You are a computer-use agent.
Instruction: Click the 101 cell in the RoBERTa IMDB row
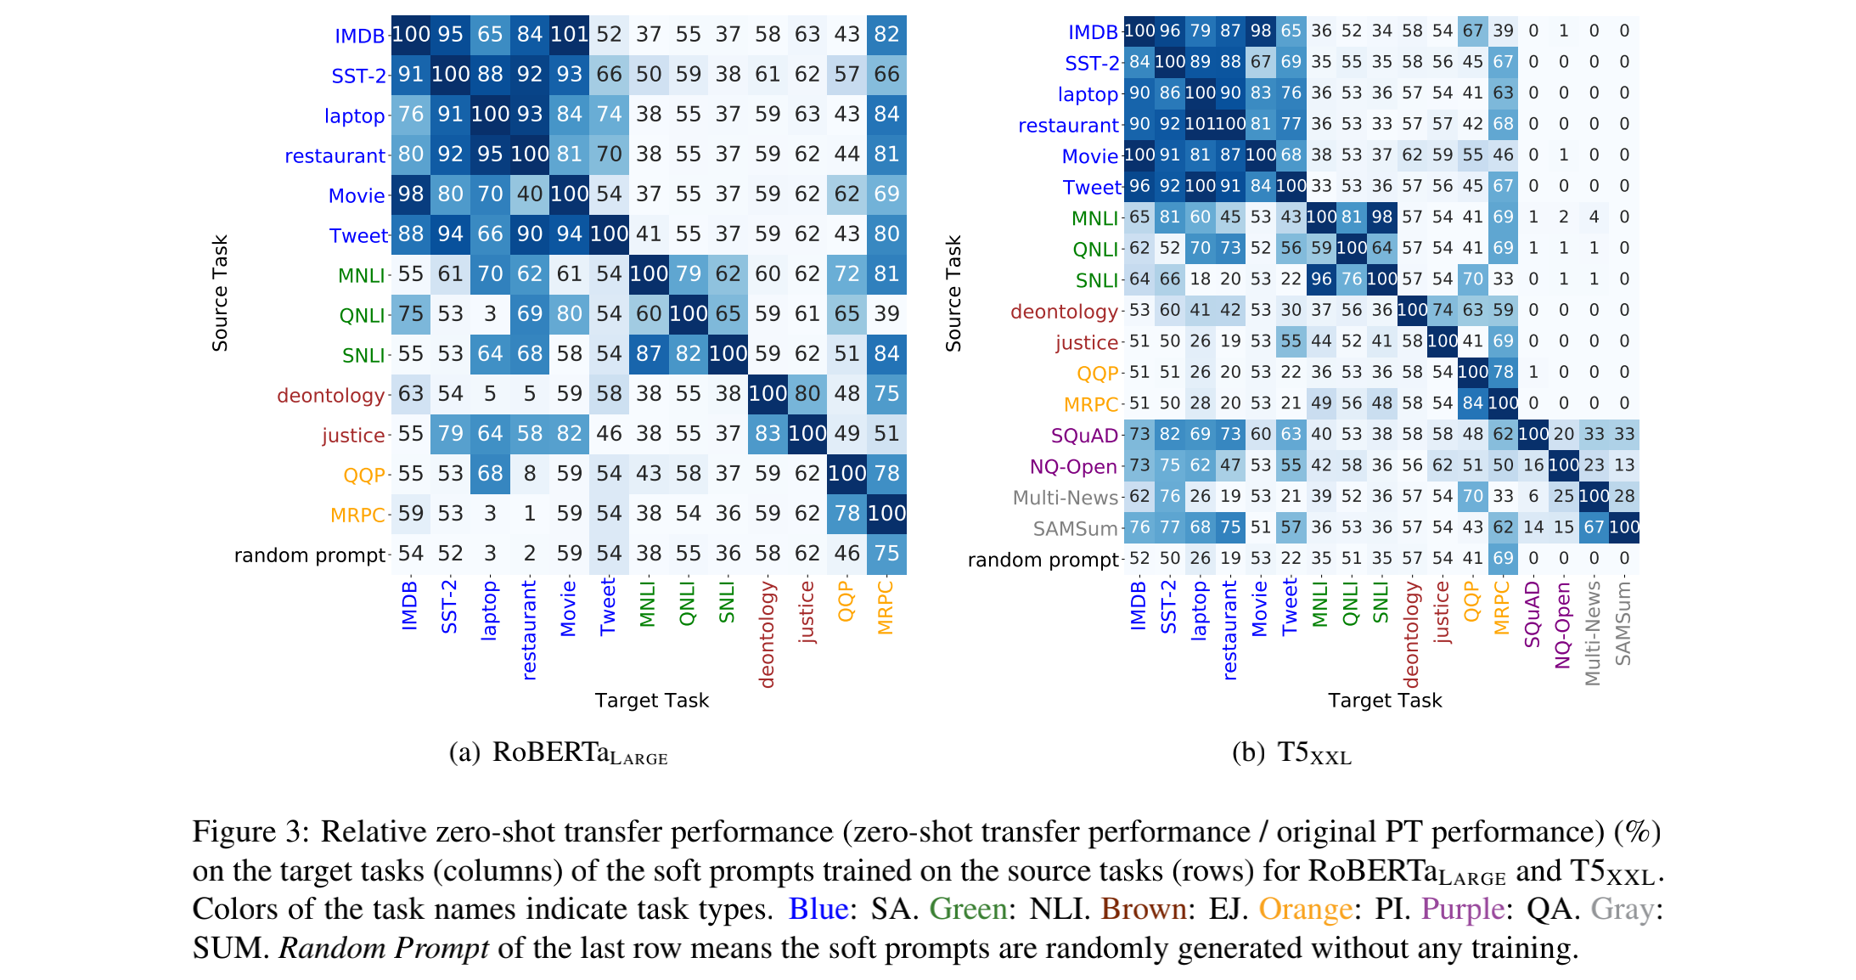click(x=569, y=35)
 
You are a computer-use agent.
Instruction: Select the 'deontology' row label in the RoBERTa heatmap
click(x=330, y=396)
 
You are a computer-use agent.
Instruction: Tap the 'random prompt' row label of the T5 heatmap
click(x=1043, y=560)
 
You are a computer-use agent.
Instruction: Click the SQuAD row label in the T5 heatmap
click(x=1084, y=436)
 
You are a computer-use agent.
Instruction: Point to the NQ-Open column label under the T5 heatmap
click(x=1562, y=626)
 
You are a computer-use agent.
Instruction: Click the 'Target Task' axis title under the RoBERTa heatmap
click(x=651, y=701)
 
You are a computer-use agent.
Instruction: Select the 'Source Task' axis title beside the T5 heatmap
click(x=953, y=293)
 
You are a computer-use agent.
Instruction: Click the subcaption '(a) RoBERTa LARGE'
click(x=558, y=753)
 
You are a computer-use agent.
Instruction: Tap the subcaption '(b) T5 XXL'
click(x=1291, y=753)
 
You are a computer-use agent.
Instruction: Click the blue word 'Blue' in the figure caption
click(x=818, y=910)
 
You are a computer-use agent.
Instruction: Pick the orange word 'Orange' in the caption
click(x=1305, y=910)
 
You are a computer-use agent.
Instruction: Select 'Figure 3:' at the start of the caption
click(x=250, y=831)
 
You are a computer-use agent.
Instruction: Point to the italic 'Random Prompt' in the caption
click(x=384, y=948)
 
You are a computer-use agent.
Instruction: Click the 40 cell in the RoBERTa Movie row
click(x=530, y=194)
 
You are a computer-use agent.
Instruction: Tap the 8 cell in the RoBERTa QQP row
click(x=530, y=474)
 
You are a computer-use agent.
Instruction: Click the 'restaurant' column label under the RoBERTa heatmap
click(x=529, y=629)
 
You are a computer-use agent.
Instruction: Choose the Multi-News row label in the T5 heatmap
click(x=1065, y=498)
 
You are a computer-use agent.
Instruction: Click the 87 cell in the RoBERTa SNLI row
click(x=649, y=354)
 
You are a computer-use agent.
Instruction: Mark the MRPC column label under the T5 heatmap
click(x=1501, y=607)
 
